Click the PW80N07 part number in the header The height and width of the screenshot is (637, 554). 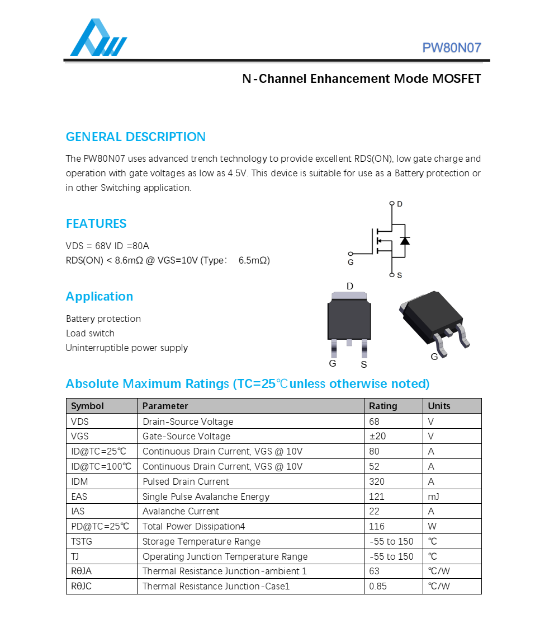451,48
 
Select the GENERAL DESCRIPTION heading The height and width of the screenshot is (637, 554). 135,137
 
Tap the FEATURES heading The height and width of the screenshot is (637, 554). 96,224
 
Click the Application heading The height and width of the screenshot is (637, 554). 100,297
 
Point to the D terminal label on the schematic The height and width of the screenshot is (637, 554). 400,204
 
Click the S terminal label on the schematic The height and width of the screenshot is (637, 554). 399,275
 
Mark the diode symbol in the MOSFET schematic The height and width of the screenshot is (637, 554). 405,241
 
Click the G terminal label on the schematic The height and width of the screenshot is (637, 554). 351,262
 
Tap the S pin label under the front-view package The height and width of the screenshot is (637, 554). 363,365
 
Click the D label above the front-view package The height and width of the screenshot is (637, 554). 350,287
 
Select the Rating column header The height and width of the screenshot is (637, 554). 383,406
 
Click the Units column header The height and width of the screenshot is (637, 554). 439,406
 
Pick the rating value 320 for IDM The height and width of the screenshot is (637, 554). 377,481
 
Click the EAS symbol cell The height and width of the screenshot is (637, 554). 79,497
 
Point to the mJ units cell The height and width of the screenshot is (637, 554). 433,497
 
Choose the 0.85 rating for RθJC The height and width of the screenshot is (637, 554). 377,587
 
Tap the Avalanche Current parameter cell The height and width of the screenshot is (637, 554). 181,512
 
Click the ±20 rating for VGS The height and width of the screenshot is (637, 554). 377,436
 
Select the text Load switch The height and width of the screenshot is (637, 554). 90,334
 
